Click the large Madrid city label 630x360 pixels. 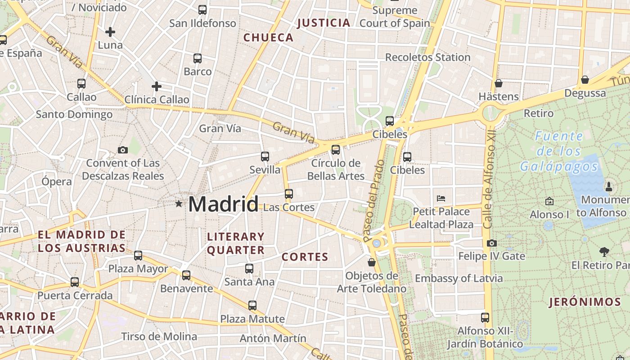click(x=223, y=204)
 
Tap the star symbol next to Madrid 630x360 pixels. click(x=179, y=204)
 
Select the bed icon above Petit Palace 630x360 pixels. click(x=441, y=198)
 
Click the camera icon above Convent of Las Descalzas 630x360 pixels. click(x=122, y=150)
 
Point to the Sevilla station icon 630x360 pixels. click(x=265, y=157)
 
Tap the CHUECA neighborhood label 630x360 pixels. click(x=268, y=38)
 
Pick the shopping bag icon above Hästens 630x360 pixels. click(x=498, y=83)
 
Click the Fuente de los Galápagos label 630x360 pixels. click(x=559, y=151)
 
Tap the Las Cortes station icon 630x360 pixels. click(x=289, y=194)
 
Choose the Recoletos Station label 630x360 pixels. click(x=427, y=57)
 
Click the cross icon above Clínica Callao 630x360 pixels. click(x=157, y=86)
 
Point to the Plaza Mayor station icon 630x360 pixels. click(x=138, y=256)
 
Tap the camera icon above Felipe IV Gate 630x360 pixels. click(x=492, y=243)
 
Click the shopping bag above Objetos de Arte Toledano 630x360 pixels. click(x=372, y=262)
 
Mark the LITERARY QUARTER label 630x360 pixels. click(x=236, y=243)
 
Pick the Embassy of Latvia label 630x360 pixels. click(x=459, y=278)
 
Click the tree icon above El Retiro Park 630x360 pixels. click(x=604, y=252)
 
